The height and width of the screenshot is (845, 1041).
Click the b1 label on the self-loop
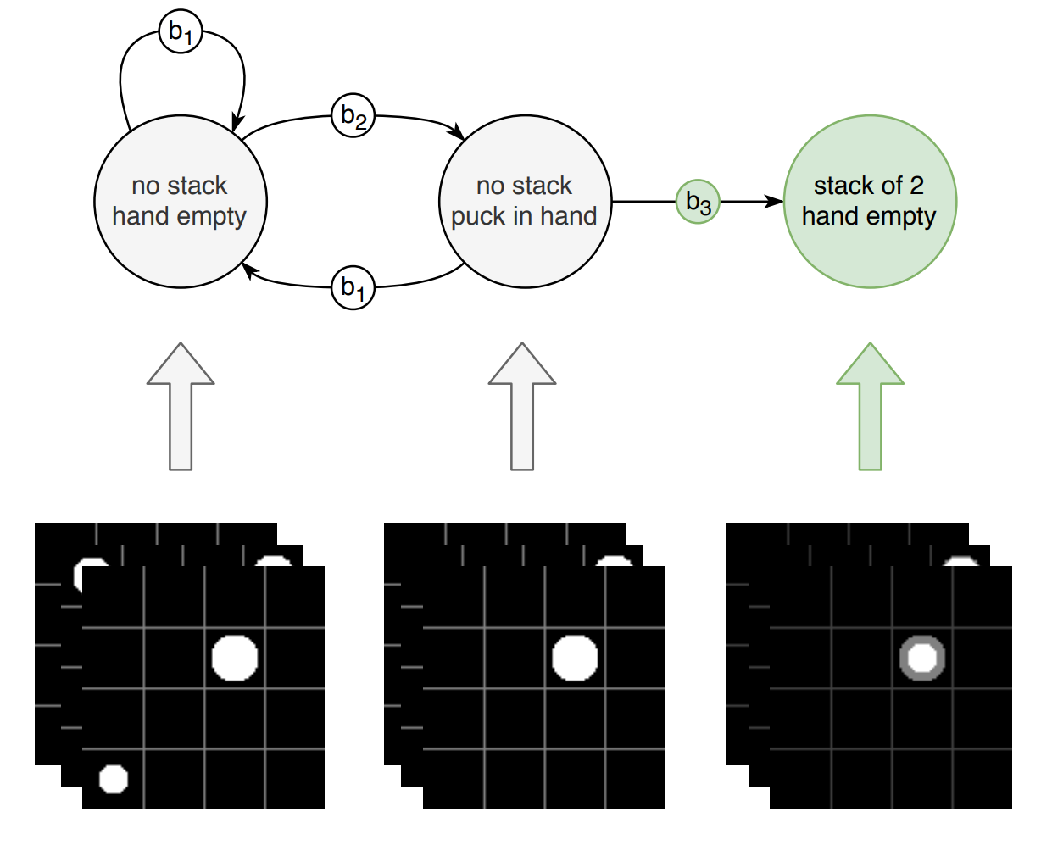pyautogui.click(x=181, y=32)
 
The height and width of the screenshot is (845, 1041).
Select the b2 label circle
pyautogui.click(x=353, y=115)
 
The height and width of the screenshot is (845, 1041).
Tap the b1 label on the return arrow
pyautogui.click(x=353, y=287)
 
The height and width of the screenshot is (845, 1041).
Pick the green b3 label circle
pyautogui.click(x=698, y=202)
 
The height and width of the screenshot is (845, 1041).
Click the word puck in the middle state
pyautogui.click(x=478, y=217)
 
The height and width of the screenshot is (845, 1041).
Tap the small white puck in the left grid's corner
pyautogui.click(x=113, y=778)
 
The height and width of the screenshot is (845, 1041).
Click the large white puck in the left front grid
pyautogui.click(x=234, y=659)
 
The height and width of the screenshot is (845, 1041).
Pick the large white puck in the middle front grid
pyautogui.click(x=575, y=659)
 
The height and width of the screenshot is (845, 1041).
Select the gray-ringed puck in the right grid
pyautogui.click(x=921, y=659)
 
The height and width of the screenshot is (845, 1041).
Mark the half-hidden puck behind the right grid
pyautogui.click(x=961, y=561)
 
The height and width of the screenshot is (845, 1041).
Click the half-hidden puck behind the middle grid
pyautogui.click(x=614, y=561)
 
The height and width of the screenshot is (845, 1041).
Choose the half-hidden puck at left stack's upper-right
pyautogui.click(x=273, y=561)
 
